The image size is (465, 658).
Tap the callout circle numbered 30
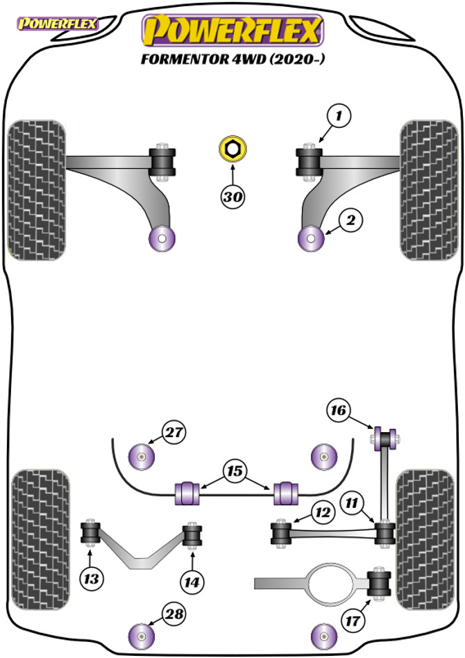click(233, 197)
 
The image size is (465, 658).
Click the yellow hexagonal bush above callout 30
click(232, 149)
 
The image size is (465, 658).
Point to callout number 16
click(339, 411)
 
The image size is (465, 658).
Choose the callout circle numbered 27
click(174, 432)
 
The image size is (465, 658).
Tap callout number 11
click(354, 500)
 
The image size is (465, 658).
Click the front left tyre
click(36, 190)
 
